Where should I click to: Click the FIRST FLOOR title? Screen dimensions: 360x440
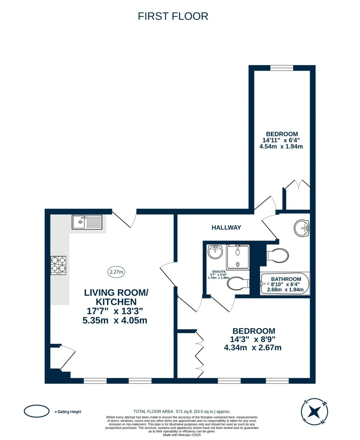173,16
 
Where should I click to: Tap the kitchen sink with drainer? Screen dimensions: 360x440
87,222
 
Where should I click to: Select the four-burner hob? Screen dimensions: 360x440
58,265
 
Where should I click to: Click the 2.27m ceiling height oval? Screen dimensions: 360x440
116,272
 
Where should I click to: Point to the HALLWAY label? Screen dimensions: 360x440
226,228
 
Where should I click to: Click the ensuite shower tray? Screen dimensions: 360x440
238,257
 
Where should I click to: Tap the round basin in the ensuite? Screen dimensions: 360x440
215,252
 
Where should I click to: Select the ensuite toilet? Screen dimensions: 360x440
238,283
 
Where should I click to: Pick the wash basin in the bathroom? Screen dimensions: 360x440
301,228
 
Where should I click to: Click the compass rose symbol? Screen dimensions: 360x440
314,412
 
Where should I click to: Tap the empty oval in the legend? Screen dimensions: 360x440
37,411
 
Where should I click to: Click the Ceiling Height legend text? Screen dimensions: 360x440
68,412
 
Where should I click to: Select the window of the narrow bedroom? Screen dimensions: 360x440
282,68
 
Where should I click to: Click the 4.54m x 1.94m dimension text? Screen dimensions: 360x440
281,146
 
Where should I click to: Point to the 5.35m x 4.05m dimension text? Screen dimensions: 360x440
115,320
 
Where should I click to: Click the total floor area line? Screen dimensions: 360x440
182,411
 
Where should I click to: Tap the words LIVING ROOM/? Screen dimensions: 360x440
116,293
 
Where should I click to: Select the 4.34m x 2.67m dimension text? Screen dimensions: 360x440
253,348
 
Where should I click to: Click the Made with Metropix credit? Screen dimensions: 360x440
182,435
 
